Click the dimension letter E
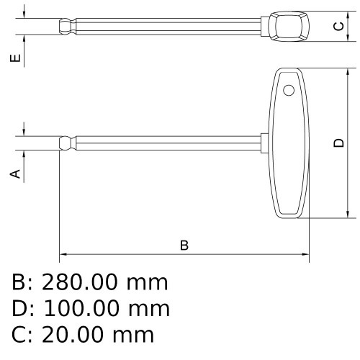tap(15, 58)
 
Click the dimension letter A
tap(15, 174)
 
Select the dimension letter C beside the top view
tap(338, 26)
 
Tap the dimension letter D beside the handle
tap(338, 143)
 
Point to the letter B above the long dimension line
tap(184, 246)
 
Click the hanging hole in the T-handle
tap(289, 91)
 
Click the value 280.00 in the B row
tap(80, 282)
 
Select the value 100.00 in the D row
tap(81, 309)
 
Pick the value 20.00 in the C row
tap(73, 335)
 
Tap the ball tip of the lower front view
tap(65, 143)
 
